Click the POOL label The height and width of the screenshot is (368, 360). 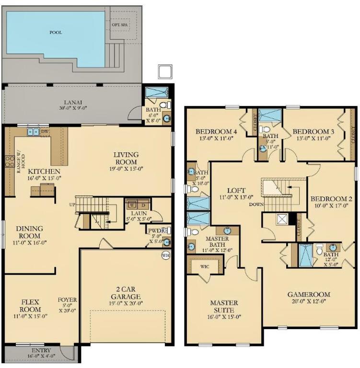pos(56,33)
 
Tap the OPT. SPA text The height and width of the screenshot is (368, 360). pos(118,25)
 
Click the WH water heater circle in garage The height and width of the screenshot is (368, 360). pos(166,255)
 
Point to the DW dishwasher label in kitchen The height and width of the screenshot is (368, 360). pos(45,131)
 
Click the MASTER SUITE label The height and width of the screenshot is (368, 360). pos(224,306)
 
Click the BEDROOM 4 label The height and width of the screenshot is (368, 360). pos(216,131)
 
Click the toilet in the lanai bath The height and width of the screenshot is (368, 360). pos(163,105)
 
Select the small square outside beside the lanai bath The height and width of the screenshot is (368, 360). pos(164,71)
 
